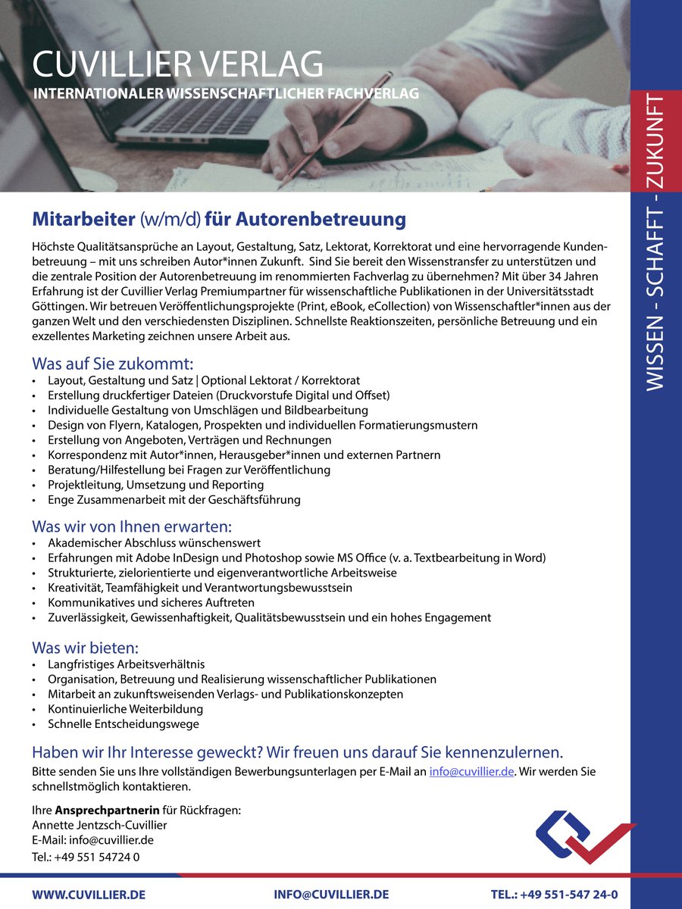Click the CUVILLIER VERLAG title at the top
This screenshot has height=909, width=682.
pos(177,64)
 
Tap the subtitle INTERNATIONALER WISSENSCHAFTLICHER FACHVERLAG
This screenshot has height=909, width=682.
pos(225,94)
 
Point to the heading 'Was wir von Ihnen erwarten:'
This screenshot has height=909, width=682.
pos(131,526)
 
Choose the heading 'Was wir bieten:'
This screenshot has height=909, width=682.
pos(85,648)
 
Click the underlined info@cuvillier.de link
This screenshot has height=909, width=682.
pos(472,772)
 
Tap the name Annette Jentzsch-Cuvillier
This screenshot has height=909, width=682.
pos(99,825)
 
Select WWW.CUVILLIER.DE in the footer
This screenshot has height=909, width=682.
pos(89,895)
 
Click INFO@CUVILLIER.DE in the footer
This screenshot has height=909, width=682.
pos(331,895)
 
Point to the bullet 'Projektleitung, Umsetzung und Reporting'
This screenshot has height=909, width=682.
pos(155,485)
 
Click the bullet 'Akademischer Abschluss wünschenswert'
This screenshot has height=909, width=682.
pos(154,543)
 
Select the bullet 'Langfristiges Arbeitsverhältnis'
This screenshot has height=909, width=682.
pos(126,664)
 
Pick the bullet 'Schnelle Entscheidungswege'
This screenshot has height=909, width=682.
pos(123,723)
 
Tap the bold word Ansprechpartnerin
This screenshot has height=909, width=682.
pos(107,811)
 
